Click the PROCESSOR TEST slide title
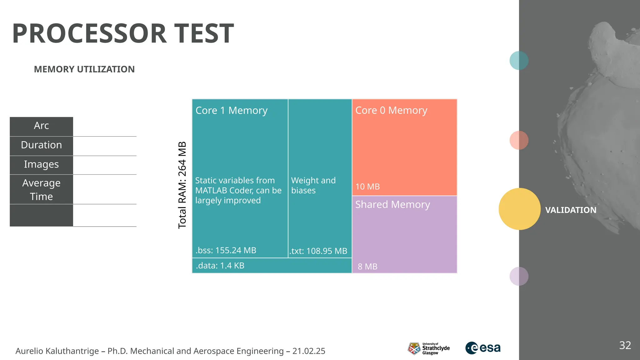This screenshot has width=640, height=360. coord(123,33)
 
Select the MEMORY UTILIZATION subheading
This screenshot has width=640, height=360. coord(84,69)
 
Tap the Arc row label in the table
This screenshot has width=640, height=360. coord(41,126)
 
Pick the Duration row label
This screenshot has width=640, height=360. coord(41,145)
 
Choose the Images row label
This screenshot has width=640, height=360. coord(41,164)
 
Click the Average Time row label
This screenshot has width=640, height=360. coord(41,190)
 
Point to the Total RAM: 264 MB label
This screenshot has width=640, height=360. coord(182,185)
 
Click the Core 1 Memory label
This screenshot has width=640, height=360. coord(231,110)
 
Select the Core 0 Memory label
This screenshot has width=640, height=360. coord(391,110)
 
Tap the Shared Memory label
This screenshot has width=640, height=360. coord(392,204)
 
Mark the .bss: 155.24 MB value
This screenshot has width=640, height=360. coord(226,250)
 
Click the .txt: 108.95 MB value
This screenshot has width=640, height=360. coord(318,251)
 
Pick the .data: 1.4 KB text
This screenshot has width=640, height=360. coord(220,266)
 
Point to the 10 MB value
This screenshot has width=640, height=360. coord(367,187)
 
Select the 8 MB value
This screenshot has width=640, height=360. coord(367,267)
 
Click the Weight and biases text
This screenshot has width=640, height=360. coord(313,185)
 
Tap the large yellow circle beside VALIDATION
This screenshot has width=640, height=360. coord(519,209)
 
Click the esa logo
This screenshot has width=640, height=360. coord(483,348)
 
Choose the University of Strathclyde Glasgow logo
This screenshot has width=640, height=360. coord(429,348)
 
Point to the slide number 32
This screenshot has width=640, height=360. coord(625,345)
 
